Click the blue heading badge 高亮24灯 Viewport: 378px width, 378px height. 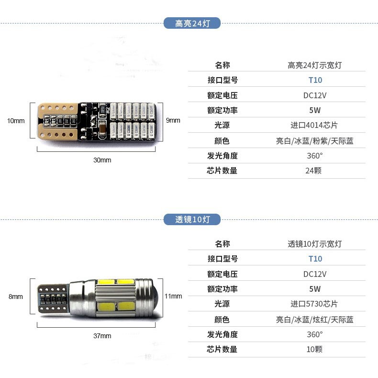(192, 23)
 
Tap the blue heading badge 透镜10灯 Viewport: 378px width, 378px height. (192, 219)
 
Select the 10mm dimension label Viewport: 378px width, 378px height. (16, 120)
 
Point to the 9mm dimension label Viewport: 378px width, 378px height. (173, 120)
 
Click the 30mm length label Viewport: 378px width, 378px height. (102, 160)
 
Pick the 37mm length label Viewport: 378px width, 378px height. (102, 336)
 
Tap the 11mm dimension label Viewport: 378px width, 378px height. (173, 296)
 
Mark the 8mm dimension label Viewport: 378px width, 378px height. (16, 297)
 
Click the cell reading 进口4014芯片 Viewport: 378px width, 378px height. (314, 126)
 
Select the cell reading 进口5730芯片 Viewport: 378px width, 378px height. (314, 304)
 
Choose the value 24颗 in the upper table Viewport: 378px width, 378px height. (314, 171)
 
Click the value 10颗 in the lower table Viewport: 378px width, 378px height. (314, 349)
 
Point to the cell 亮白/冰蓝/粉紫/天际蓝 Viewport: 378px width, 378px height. (314, 141)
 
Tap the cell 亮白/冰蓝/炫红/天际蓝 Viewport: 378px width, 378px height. (314, 320)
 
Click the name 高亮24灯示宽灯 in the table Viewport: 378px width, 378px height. (314, 65)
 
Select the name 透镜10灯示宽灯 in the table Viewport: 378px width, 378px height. (314, 244)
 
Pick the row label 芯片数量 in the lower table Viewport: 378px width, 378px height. (222, 349)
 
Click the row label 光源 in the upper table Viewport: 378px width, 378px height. (222, 126)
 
